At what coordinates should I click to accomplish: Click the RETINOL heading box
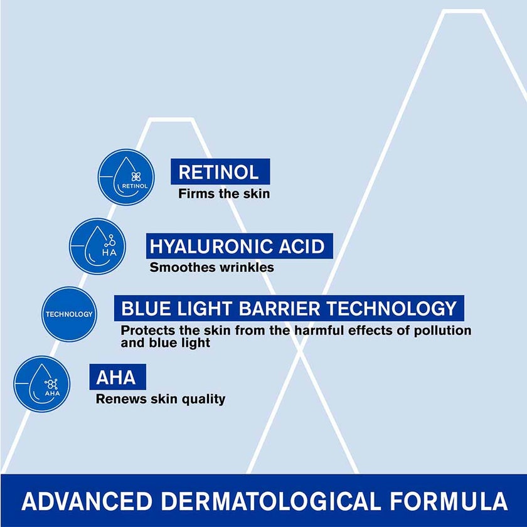pyautogui.click(x=220, y=171)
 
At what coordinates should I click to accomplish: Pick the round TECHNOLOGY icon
pyautogui.click(x=69, y=314)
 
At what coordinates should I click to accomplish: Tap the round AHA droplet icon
pyautogui.click(x=42, y=383)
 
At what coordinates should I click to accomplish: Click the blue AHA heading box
pyautogui.click(x=117, y=377)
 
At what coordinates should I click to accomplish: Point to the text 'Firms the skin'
pyautogui.click(x=224, y=193)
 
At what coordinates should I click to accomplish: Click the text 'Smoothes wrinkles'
pyautogui.click(x=211, y=267)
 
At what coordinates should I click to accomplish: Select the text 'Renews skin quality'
pyautogui.click(x=160, y=399)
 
